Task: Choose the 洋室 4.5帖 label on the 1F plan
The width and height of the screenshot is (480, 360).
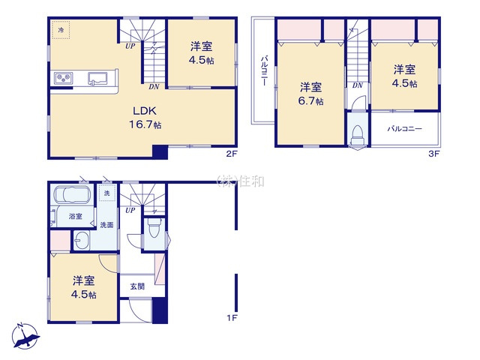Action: click(x=84, y=287)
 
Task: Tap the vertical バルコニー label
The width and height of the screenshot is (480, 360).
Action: click(x=265, y=71)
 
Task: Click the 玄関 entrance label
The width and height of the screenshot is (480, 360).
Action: click(x=137, y=286)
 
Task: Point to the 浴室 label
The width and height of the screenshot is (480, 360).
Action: click(x=76, y=216)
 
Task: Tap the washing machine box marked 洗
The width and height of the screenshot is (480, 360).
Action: click(x=107, y=193)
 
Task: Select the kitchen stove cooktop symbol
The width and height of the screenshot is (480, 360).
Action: click(x=62, y=78)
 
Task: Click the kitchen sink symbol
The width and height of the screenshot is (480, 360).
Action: click(x=98, y=78)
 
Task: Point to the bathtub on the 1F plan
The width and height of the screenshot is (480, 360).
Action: click(x=72, y=197)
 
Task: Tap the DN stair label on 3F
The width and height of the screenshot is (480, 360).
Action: click(x=358, y=85)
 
